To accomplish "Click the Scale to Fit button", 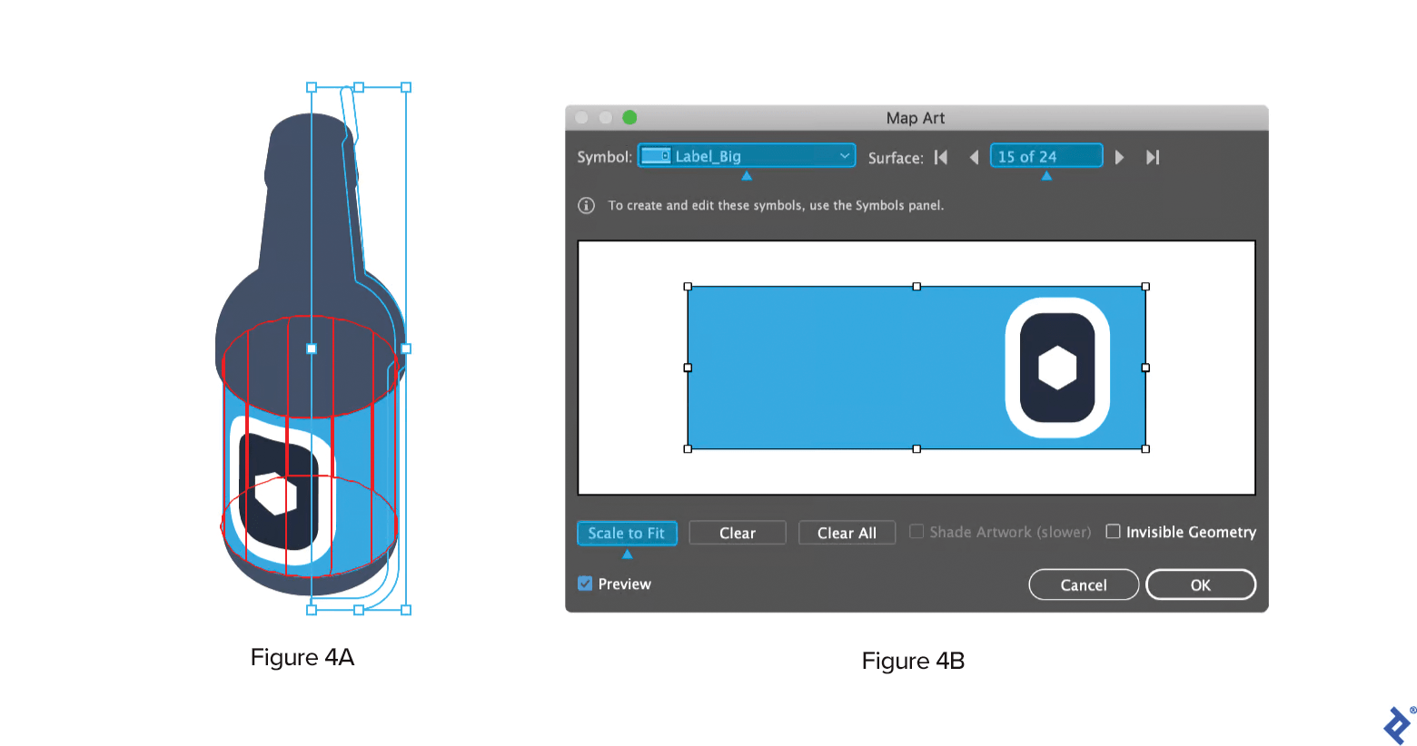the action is [x=627, y=533].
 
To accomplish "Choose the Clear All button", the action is [x=847, y=533].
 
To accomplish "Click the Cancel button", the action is [x=1083, y=584].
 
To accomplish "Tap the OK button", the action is [x=1200, y=584].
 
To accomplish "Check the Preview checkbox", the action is [x=585, y=584].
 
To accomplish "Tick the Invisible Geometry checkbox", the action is [x=1113, y=532].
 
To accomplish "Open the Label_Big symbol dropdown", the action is [x=747, y=156].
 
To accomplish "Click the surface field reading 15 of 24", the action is [x=1046, y=156].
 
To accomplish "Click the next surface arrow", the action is [x=1120, y=157].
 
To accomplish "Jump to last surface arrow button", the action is [x=1153, y=157].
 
